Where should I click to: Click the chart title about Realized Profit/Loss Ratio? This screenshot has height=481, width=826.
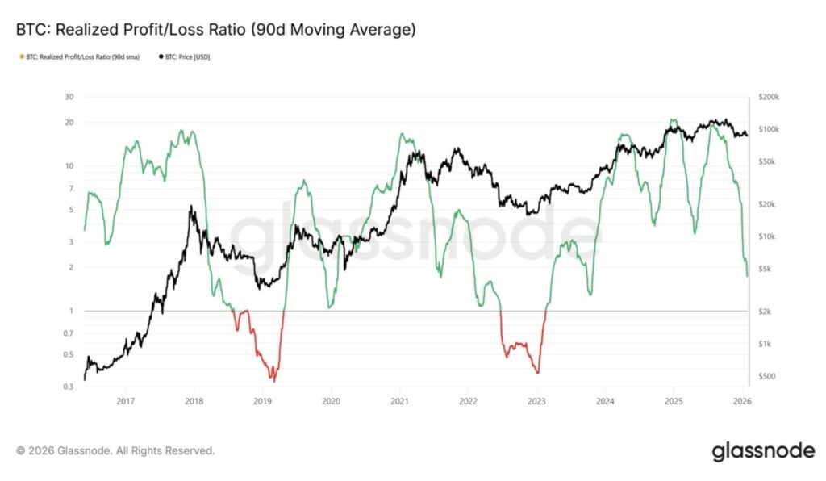pos(215,31)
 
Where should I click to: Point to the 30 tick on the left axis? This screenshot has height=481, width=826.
pos(69,97)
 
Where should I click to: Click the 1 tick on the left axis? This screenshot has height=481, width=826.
pos(71,311)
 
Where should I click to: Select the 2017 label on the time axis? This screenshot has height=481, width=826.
pos(125,400)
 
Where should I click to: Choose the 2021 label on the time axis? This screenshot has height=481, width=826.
pos(399,400)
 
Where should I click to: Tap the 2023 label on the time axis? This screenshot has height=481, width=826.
pos(536,400)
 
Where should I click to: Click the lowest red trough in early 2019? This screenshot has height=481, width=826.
pos(273,381)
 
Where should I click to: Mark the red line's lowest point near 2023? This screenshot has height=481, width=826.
pos(536,373)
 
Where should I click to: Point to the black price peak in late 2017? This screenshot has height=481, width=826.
pos(190,207)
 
